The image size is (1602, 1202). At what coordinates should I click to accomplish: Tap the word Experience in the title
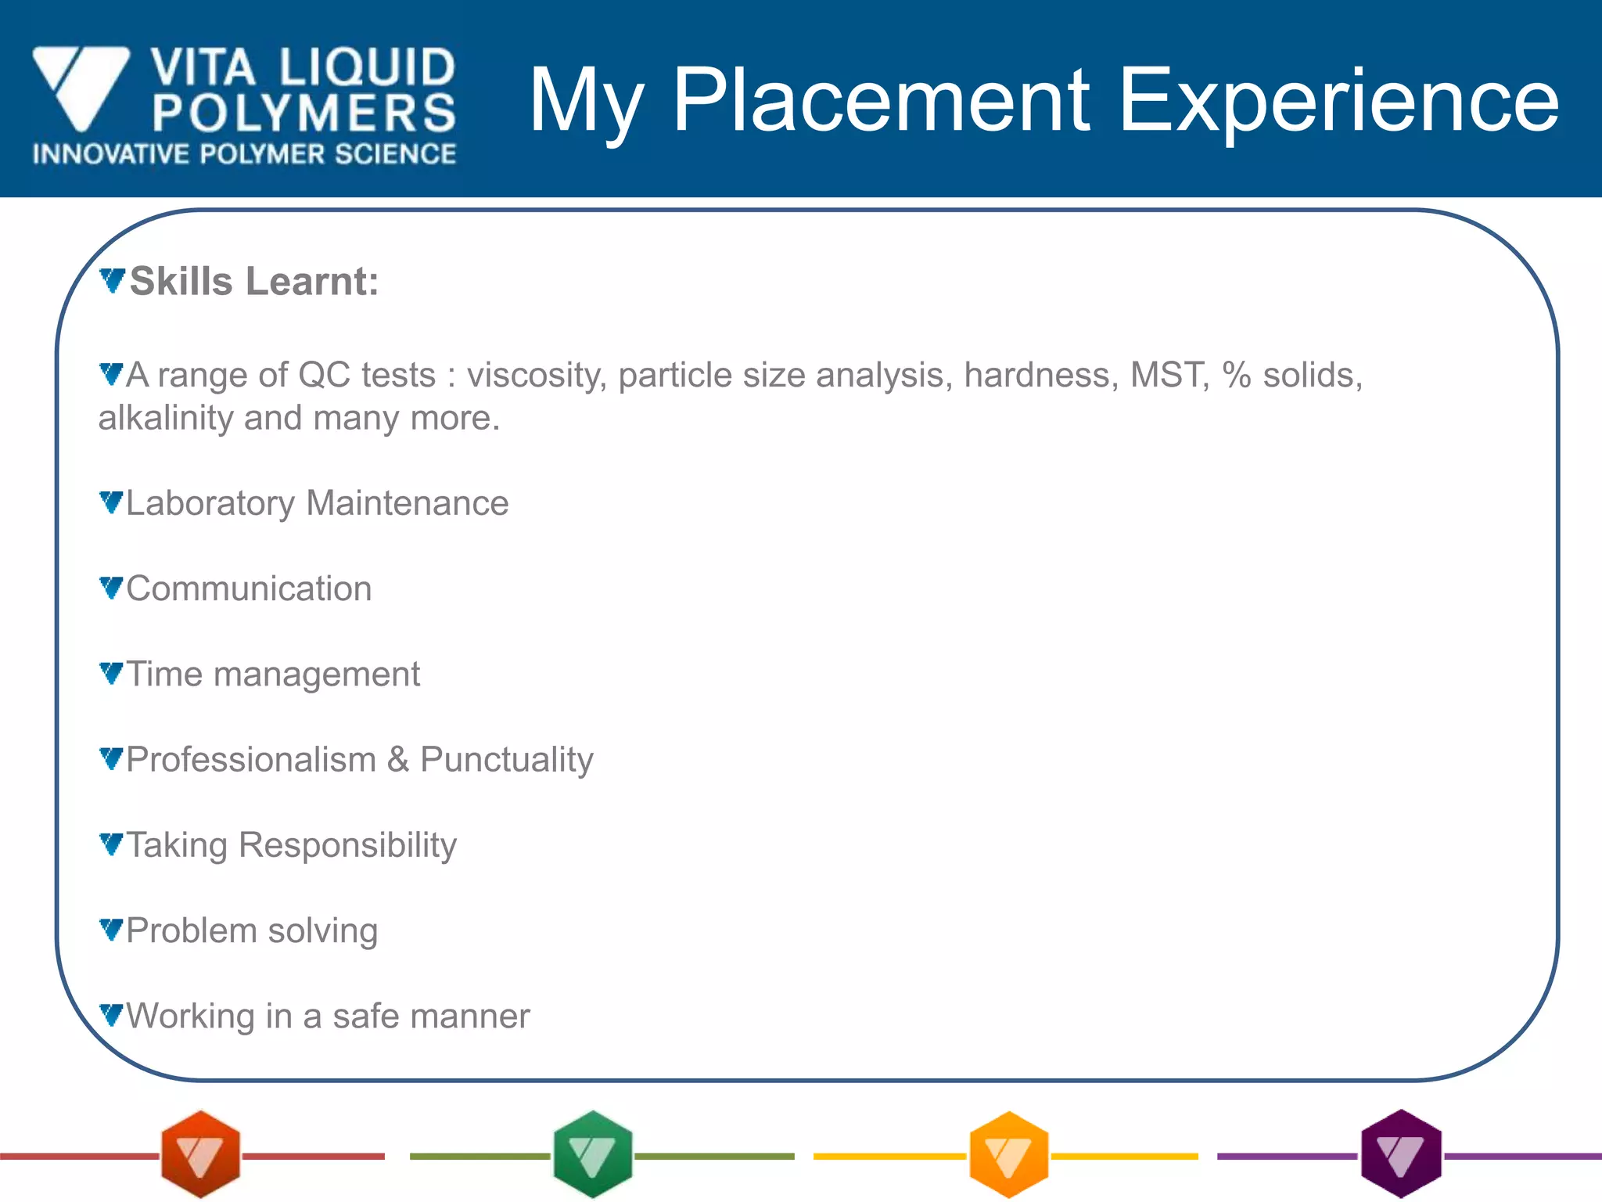coord(1339,102)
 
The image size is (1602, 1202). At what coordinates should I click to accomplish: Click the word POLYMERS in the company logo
coord(304,113)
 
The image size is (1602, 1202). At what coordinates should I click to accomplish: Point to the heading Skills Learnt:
coord(253,282)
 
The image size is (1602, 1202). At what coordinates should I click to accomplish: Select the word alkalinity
coord(166,418)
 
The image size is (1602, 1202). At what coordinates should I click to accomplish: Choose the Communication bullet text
coord(249,588)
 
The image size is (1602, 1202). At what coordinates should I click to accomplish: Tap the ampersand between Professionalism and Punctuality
coord(398,759)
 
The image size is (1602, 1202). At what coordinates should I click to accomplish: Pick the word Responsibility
coord(347,845)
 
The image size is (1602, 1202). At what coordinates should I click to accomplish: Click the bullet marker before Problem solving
coord(111,930)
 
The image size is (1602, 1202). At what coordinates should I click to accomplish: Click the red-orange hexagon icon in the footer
coord(200,1154)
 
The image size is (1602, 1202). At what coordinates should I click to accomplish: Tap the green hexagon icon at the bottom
coord(592,1154)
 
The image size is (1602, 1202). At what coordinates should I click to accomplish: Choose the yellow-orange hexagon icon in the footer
coord(1008,1154)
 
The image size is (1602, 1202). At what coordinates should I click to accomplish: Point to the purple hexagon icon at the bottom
coord(1401,1154)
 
